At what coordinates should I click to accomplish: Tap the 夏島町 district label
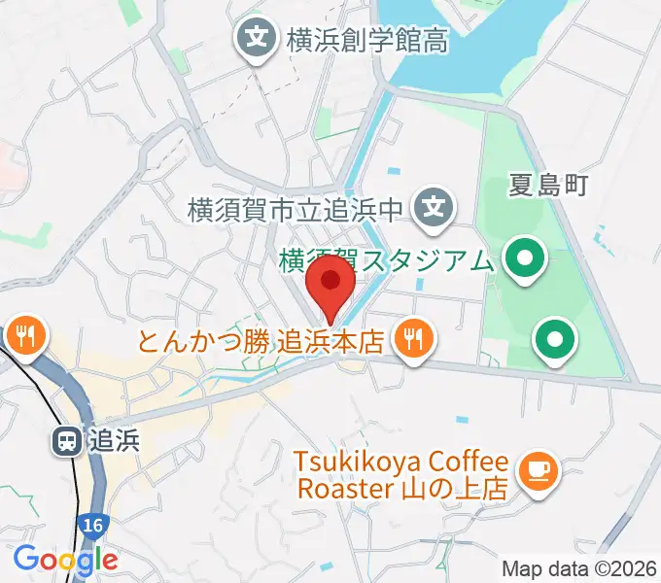548,186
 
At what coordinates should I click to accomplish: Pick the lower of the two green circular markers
556,340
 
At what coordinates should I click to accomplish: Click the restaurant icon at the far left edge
23,337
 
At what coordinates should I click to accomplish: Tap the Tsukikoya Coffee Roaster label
402,474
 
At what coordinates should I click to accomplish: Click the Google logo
65,559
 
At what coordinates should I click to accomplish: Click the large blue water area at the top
457,44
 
